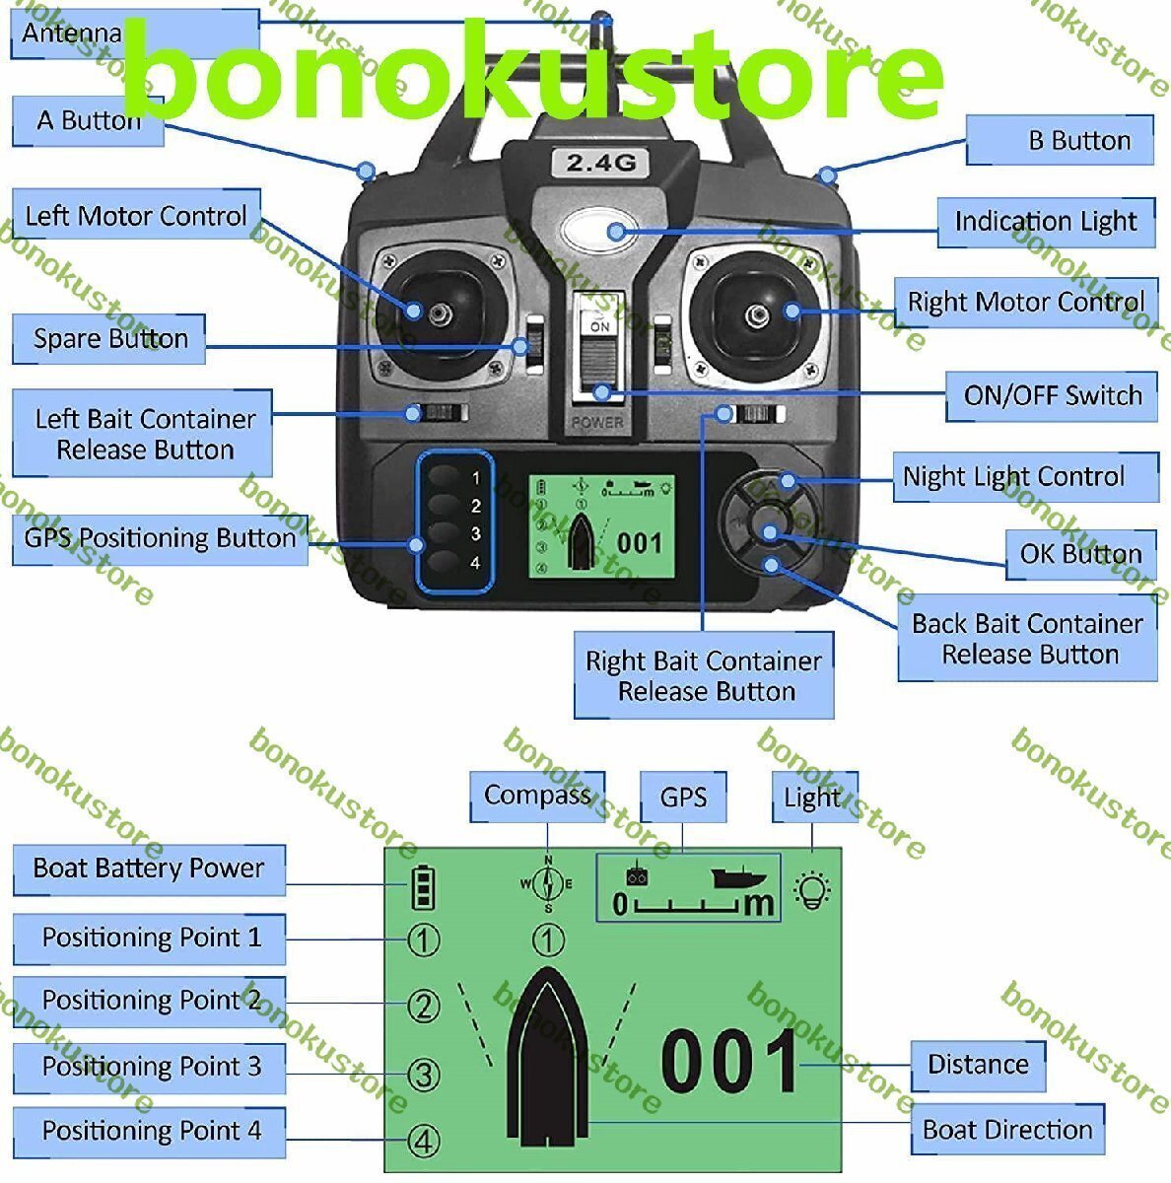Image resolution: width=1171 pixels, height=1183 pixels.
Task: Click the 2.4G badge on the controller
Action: (x=600, y=163)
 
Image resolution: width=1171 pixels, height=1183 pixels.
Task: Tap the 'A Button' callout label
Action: (x=89, y=121)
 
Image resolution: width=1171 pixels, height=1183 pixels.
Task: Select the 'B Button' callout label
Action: (x=1061, y=140)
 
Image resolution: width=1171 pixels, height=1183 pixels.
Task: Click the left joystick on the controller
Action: (x=433, y=312)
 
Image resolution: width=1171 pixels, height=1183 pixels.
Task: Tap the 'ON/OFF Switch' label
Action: (x=1052, y=395)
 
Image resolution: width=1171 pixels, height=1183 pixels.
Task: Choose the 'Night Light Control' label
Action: (x=1025, y=477)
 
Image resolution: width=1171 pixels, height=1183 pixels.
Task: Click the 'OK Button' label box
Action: (x=1080, y=554)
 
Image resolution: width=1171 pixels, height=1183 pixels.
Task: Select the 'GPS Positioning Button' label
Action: (x=160, y=538)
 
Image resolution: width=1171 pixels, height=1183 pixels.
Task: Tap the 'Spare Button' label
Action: (x=109, y=339)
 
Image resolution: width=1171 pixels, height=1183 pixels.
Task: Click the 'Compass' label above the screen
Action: (x=537, y=796)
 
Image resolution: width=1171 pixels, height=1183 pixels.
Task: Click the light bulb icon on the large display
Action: (x=813, y=890)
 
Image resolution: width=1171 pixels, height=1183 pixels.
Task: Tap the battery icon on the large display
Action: (x=424, y=887)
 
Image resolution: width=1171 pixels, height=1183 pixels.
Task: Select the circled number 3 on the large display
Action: (x=424, y=1074)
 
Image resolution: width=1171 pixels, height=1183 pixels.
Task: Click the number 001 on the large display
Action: (x=730, y=1063)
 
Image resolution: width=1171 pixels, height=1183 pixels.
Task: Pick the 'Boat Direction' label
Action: (x=1007, y=1130)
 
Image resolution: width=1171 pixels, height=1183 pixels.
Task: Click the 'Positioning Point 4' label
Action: (x=151, y=1131)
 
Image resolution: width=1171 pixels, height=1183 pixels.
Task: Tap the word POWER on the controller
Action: (x=597, y=422)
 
